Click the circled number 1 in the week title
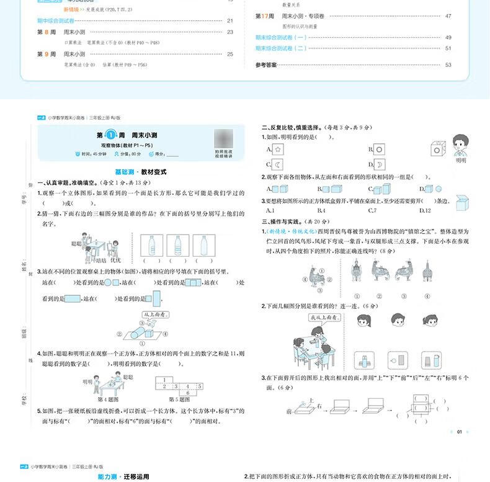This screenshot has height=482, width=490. click(111, 135)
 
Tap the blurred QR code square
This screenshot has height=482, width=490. click(224, 138)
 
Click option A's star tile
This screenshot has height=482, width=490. click(278, 150)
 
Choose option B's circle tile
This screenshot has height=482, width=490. click(378, 150)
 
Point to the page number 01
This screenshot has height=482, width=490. click(459, 432)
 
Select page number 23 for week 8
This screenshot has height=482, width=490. click(230, 32)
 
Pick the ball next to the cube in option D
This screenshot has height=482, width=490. click(438, 189)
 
